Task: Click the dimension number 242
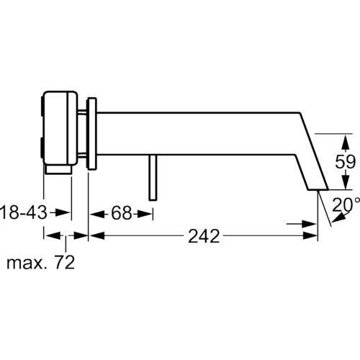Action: pos(204,236)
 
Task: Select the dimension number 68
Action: pos(121,213)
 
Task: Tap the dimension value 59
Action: pos(345,161)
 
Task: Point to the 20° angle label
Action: pos(346,204)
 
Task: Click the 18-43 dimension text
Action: pos(24,212)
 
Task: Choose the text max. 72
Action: pos(41,262)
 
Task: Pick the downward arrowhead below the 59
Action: pos(345,181)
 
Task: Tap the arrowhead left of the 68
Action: pos(97,214)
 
